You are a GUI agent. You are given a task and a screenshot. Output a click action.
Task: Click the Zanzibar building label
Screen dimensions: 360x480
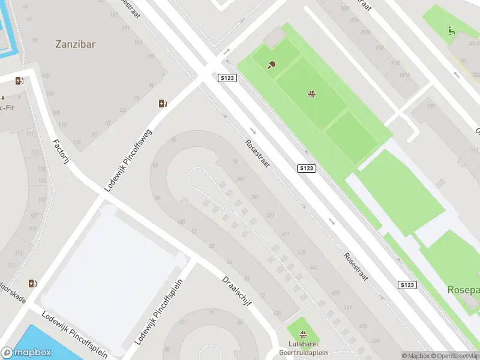(76, 44)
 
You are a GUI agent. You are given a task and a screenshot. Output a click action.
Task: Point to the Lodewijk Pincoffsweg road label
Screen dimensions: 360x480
(128, 160)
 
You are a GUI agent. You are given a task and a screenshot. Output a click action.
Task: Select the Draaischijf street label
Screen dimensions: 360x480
(236, 291)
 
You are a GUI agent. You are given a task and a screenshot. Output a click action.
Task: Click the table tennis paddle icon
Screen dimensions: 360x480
(271, 64)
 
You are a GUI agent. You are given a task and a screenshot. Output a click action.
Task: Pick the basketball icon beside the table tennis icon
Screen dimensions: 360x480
(311, 94)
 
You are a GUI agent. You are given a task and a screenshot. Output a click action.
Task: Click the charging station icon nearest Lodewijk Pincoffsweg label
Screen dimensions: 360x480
(162, 103)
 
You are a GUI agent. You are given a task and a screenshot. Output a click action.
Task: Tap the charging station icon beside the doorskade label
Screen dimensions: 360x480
(32, 283)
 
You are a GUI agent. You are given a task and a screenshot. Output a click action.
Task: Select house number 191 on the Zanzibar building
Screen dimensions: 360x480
(125, 29)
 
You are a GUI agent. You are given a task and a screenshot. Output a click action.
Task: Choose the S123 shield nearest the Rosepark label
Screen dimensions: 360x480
(407, 284)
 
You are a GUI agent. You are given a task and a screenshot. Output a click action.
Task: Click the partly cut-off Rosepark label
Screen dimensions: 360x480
(463, 290)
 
